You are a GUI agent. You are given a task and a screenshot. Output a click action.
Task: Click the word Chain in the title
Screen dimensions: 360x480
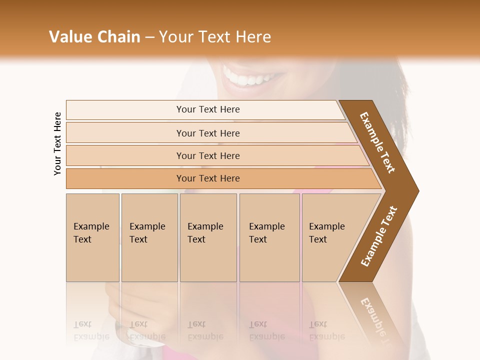pos(119,37)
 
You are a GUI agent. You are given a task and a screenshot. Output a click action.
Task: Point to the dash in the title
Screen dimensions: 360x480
pos(149,37)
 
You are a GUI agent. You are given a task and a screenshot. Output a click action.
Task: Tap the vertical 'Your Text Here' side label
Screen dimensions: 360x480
pos(57,143)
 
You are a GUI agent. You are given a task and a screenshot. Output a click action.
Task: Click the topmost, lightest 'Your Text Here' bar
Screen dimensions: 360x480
pos(207,109)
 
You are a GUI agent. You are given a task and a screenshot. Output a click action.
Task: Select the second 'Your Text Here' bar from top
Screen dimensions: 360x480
pos(207,133)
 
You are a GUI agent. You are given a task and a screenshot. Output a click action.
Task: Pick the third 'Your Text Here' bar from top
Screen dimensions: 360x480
pos(207,155)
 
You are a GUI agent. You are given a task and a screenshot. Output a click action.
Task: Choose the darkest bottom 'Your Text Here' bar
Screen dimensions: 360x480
pos(207,178)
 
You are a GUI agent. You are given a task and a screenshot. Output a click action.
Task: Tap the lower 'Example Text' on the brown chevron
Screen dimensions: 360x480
pos(379,236)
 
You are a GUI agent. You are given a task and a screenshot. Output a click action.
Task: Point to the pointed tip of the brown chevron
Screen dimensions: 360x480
pos(417,190)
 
